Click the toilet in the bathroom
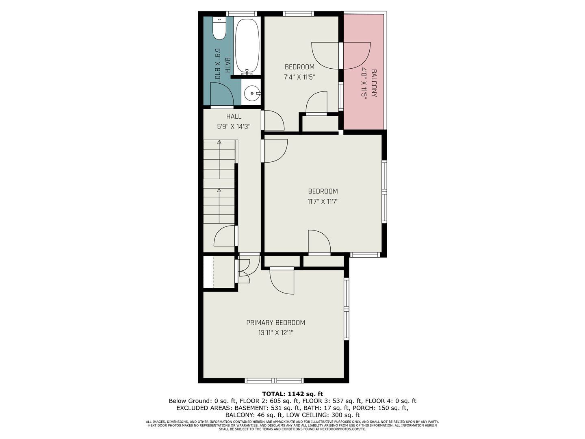(x=219, y=28)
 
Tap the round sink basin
(x=252, y=93)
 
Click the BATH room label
(x=227, y=65)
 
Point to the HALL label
(x=234, y=116)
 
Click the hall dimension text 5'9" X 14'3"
(x=234, y=126)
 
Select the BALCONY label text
(x=374, y=83)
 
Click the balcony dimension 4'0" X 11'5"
(x=364, y=83)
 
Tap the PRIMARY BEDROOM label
(x=275, y=322)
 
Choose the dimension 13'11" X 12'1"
(x=275, y=333)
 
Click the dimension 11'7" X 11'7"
(x=323, y=201)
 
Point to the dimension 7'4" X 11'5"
(x=299, y=77)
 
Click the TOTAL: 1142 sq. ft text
(x=292, y=394)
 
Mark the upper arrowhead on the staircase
(x=219, y=142)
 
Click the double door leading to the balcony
(x=341, y=55)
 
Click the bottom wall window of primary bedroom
(x=274, y=380)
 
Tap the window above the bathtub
(x=242, y=13)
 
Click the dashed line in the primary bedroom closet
(x=213, y=272)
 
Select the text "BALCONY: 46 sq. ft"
(x=252, y=415)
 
